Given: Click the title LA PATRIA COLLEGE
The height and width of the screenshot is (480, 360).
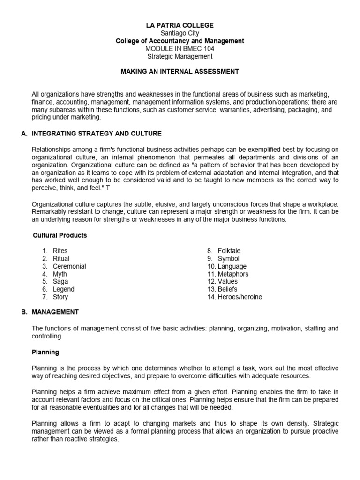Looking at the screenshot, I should click(x=180, y=25).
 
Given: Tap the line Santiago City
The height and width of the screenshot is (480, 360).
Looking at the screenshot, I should click(x=180, y=33).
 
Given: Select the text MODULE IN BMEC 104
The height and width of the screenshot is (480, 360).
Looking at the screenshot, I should click(x=180, y=49).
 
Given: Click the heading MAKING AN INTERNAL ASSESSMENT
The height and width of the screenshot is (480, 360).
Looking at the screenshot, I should click(x=180, y=72).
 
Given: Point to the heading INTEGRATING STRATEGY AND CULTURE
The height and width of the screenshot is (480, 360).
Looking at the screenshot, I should click(x=96, y=134).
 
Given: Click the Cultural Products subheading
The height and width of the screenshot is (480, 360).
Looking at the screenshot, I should click(x=60, y=235).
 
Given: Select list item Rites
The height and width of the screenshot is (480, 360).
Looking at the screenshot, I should click(x=60, y=251).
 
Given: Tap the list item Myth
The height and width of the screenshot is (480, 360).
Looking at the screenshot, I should click(x=60, y=274).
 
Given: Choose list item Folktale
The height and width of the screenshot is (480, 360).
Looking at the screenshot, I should click(x=229, y=251).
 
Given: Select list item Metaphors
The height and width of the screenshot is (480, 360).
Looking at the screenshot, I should click(x=233, y=274).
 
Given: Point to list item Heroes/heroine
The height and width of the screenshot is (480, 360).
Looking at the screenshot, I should click(x=240, y=297).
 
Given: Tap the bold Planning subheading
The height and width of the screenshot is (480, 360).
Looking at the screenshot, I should click(x=45, y=352).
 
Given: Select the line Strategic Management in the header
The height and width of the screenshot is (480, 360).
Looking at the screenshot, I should click(x=180, y=56).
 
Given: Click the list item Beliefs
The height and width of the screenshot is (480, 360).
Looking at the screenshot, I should click(x=228, y=289).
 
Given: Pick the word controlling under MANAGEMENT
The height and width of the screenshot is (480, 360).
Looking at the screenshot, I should click(x=47, y=337).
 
